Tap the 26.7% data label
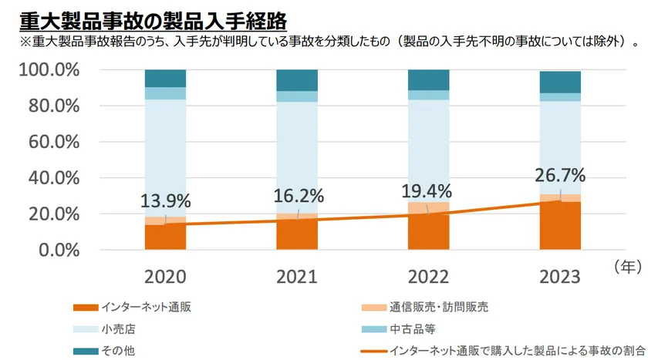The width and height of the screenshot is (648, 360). pos(560,175)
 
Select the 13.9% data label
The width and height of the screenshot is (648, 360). pos(166,201)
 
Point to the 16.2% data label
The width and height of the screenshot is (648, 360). pos(297,196)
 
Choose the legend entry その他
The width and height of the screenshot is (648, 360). pos(117,350)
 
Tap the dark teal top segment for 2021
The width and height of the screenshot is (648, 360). pos(297,80)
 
